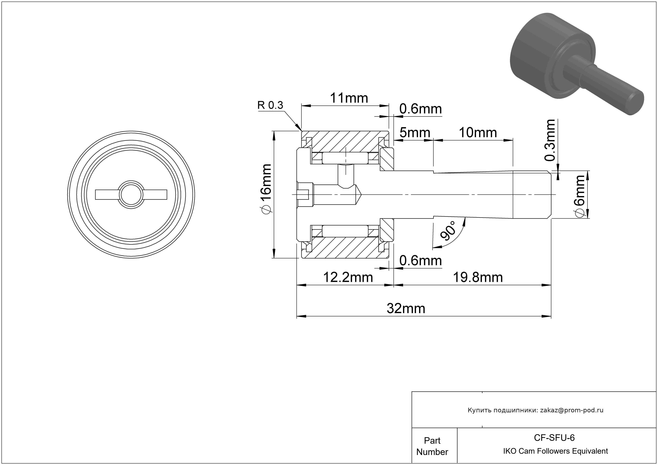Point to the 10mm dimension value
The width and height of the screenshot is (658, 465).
(x=478, y=133)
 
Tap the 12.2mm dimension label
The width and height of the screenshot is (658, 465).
(x=348, y=277)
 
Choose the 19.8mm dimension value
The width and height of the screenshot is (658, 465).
(x=478, y=277)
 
